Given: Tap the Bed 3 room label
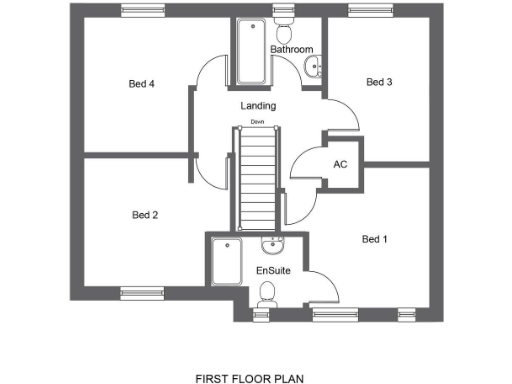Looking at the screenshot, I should (379, 82).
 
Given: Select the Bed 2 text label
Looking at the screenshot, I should (146, 214).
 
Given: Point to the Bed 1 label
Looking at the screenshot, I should (374, 239).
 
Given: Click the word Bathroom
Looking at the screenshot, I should (291, 49).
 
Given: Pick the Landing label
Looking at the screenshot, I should (258, 105).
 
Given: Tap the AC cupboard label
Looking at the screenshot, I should (340, 164).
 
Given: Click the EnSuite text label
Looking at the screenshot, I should (272, 271).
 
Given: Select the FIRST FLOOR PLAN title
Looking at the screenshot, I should (249, 379).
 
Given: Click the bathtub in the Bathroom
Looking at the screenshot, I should (247, 52).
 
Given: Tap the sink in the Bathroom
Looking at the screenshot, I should (314, 68).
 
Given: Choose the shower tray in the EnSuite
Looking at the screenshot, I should (226, 263).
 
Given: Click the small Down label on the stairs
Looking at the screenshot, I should (257, 123).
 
